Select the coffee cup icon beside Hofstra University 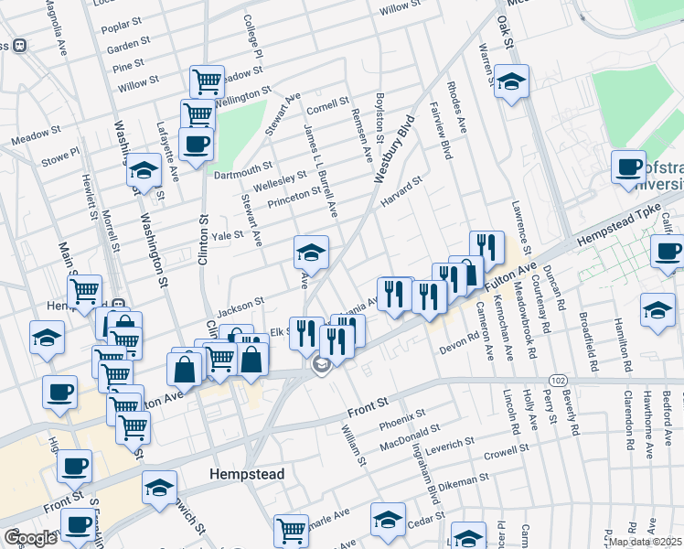tap(628, 167)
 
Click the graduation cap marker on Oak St tap(512, 81)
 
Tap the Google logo tap(29, 537)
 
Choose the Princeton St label tap(293, 191)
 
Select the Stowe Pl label tap(60, 156)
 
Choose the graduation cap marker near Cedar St tap(388, 518)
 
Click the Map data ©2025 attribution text tap(645, 542)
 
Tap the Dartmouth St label tap(242, 169)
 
